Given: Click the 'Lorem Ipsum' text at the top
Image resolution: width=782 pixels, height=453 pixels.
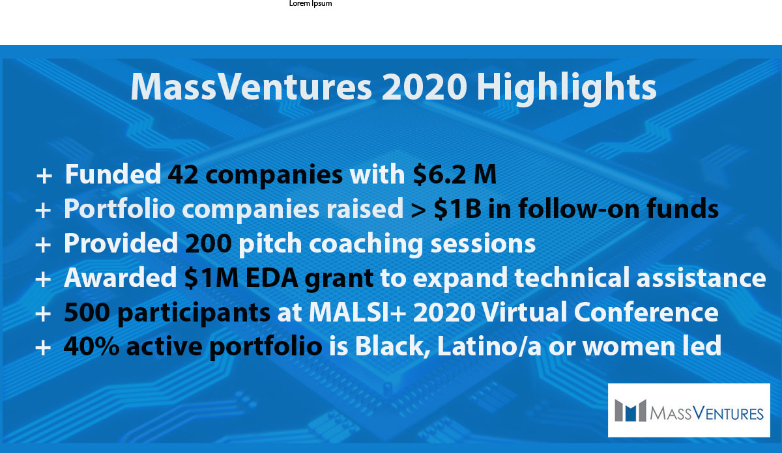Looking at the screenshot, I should tap(310, 4).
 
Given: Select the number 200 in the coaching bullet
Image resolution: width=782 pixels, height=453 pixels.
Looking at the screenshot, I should tap(207, 243).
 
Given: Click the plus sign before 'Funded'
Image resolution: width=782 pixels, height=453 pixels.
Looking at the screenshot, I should tap(44, 175).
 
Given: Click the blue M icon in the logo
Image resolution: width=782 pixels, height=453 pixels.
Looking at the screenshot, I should tap(629, 411).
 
